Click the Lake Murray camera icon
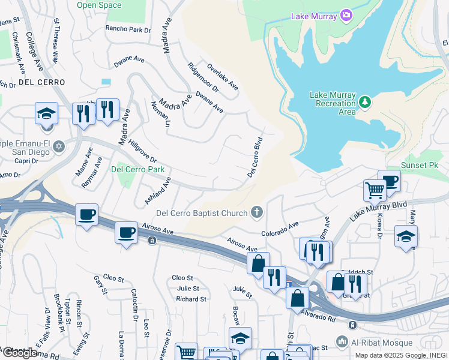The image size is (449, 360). (346, 14)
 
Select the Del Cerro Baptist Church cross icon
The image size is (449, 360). (257, 212)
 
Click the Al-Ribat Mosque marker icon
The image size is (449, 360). (342, 342)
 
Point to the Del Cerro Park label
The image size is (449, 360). (137, 169)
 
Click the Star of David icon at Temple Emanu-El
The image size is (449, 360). (58, 146)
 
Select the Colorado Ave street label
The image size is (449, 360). (280, 229)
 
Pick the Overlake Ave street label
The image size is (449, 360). (222, 77)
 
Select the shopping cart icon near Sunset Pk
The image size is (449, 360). (375, 190)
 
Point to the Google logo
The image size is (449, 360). (19, 353)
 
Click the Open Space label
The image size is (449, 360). (99, 5)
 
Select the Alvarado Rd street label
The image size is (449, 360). (318, 316)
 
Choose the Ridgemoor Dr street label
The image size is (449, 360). (203, 77)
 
